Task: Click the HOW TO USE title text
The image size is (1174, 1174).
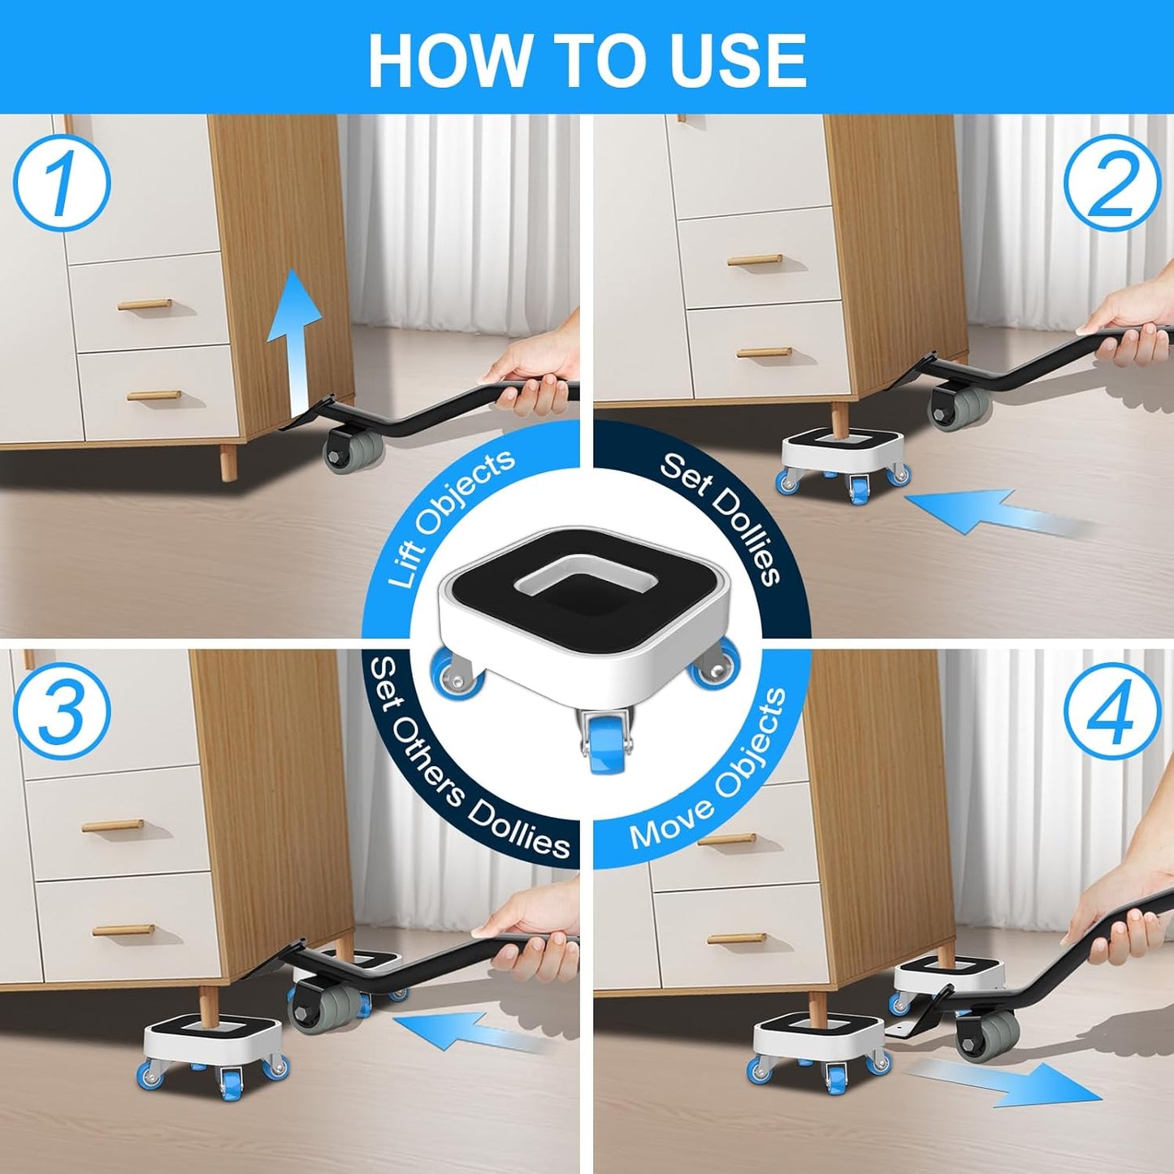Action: click(587, 60)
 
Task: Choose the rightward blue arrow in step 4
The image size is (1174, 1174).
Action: click(999, 1081)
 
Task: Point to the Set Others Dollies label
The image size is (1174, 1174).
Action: click(463, 764)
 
